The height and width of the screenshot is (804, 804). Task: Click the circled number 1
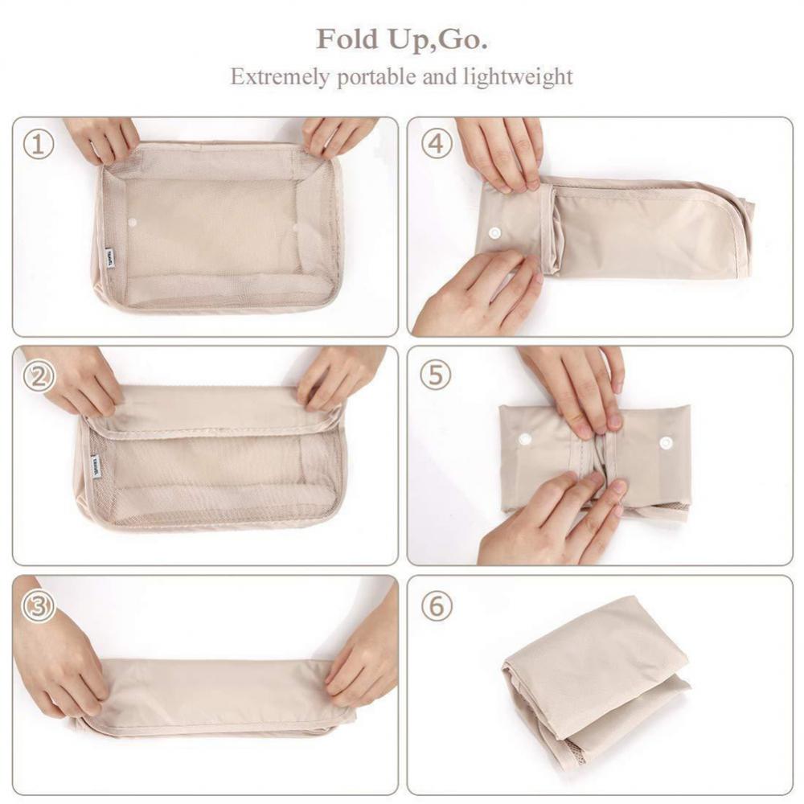[38, 146]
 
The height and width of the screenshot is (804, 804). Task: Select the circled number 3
[38, 605]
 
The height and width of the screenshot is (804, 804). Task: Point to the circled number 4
[436, 145]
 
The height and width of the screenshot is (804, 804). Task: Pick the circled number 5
[436, 375]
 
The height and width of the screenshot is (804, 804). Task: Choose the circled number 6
[436, 605]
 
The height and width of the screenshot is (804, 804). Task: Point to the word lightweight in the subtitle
[518, 77]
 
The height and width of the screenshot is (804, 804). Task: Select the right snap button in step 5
[665, 443]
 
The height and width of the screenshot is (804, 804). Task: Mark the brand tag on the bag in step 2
[97, 467]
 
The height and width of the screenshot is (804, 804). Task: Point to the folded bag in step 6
[595, 675]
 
